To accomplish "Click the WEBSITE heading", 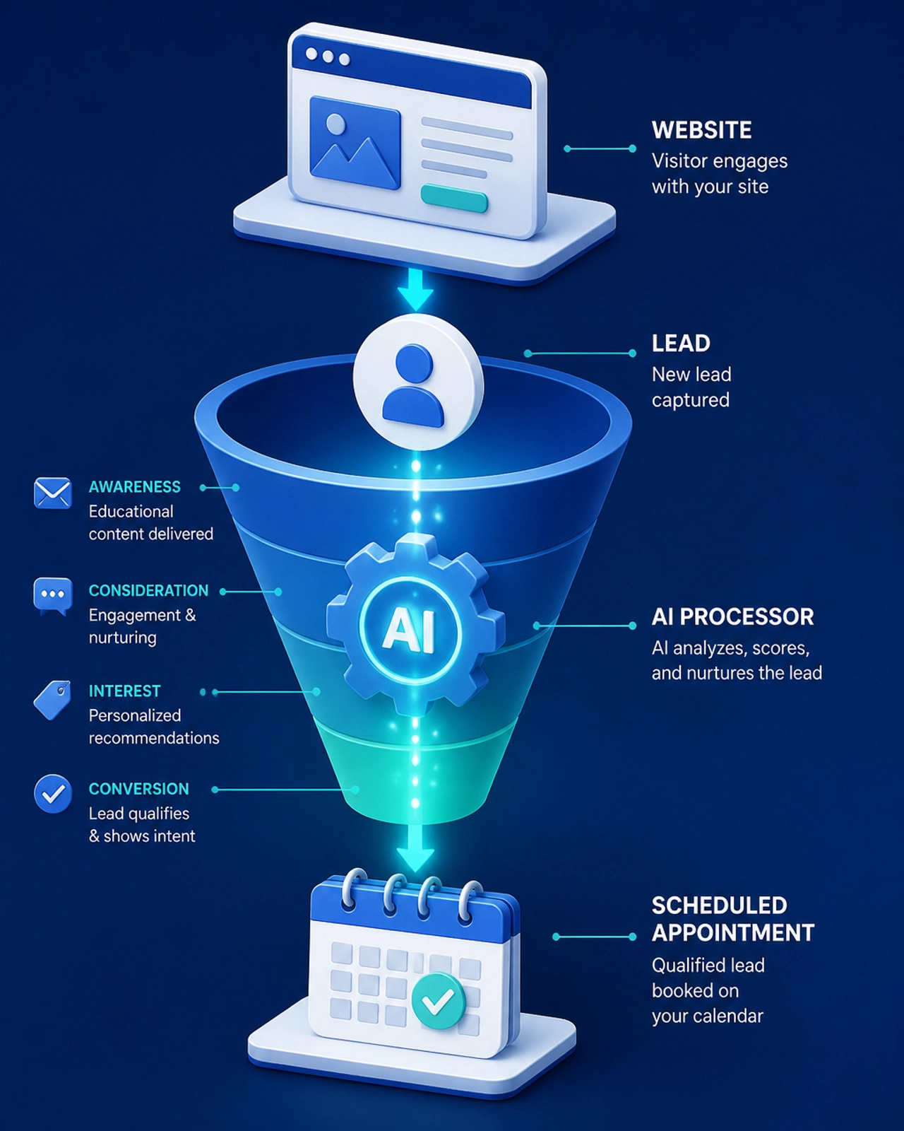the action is tap(701, 130).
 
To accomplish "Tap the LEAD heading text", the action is tap(681, 344).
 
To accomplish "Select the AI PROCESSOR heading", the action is tap(733, 616).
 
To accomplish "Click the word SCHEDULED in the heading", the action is tap(719, 906).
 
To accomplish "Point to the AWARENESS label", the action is tap(134, 486).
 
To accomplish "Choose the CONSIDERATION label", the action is tap(148, 590).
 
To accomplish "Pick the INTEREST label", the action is tap(124, 691).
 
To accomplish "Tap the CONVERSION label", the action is tap(138, 788).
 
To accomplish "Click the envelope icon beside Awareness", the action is tap(52, 493).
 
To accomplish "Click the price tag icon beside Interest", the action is tap(52, 700).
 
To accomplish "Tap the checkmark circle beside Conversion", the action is tap(52, 794).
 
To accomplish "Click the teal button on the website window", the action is tap(454, 199).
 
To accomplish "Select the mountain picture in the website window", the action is tap(355, 142).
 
